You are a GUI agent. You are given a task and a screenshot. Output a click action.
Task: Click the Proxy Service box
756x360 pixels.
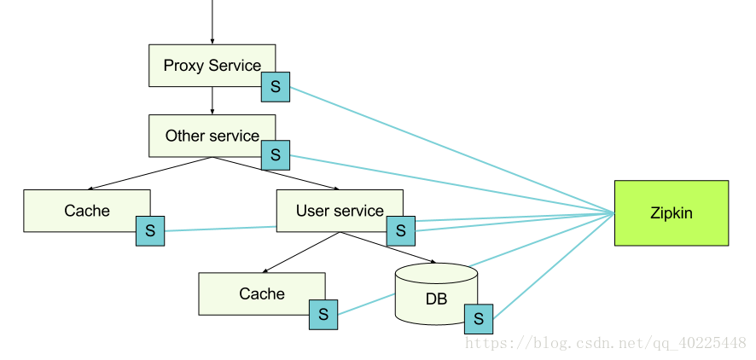pyautogui.click(x=212, y=66)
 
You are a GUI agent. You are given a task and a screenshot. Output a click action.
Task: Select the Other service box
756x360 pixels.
pyautogui.click(x=212, y=136)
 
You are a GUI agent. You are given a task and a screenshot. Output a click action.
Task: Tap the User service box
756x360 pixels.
pyautogui.click(x=340, y=211)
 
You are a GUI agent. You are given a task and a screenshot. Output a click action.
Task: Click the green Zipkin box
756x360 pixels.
pyautogui.click(x=672, y=213)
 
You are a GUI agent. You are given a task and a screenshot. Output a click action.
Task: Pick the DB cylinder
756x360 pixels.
pyautogui.click(x=436, y=294)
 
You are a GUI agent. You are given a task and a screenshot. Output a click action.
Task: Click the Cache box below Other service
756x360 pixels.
pyautogui.click(x=87, y=211)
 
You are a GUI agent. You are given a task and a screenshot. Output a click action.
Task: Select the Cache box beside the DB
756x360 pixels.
pyautogui.click(x=262, y=294)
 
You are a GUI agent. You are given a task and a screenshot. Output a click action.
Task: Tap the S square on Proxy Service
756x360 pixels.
pyautogui.click(x=276, y=87)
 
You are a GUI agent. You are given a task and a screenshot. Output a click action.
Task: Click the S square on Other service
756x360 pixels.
pyautogui.click(x=276, y=155)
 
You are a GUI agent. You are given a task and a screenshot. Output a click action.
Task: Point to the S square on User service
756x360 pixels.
pyautogui.click(x=401, y=230)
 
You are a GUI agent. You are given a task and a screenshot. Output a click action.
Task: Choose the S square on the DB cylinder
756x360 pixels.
pyautogui.click(x=479, y=319)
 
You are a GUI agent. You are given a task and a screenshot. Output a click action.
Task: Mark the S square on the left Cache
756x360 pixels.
pyautogui.click(x=150, y=231)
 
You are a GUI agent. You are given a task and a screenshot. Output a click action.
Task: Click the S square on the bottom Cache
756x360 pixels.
pyautogui.click(x=323, y=315)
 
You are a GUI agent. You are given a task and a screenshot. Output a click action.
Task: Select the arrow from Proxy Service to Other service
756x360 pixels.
pyautogui.click(x=212, y=101)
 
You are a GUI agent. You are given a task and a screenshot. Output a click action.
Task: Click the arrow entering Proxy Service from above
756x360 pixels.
pyautogui.click(x=212, y=22)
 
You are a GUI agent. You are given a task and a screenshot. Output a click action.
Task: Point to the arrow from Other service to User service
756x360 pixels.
pyautogui.click(x=276, y=173)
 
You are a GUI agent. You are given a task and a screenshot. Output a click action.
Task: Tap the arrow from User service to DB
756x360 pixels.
pyautogui.click(x=388, y=247)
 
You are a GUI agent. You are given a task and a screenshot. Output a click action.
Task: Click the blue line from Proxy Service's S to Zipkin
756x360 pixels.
pyautogui.click(x=452, y=150)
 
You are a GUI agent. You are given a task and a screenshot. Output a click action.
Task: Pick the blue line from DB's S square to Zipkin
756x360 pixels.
pyautogui.click(x=554, y=266)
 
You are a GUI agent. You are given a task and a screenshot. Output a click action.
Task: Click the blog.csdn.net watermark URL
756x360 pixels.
pyautogui.click(x=606, y=343)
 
